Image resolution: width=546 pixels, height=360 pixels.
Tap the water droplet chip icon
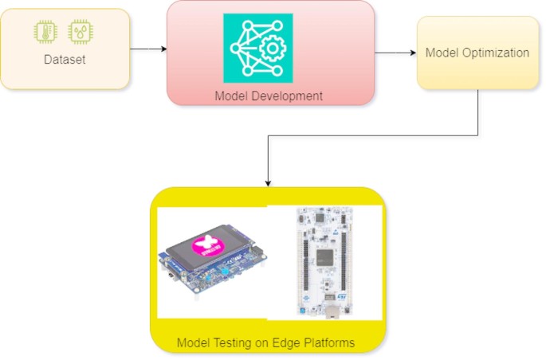coord(81,31)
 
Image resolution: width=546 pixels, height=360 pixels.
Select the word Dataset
coord(63,60)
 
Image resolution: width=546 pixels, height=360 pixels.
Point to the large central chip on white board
coord(325,256)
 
